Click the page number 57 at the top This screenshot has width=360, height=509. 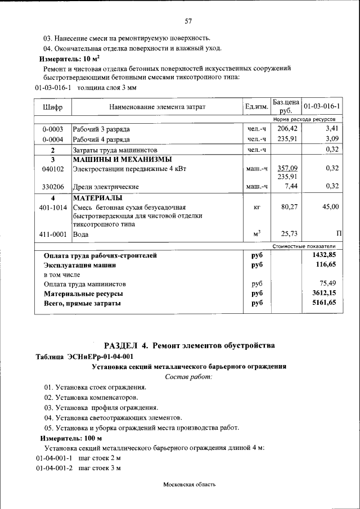click(x=188, y=21)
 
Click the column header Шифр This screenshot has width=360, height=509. click(x=52, y=107)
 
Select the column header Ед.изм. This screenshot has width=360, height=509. click(x=256, y=107)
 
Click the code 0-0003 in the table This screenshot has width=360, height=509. click(x=52, y=129)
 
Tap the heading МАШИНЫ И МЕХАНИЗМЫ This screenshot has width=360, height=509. click(x=123, y=159)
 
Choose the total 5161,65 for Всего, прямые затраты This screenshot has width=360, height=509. click(x=324, y=303)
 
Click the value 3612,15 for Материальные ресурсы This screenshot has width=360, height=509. click(x=324, y=294)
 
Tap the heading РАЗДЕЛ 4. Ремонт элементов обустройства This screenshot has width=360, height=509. click(x=190, y=345)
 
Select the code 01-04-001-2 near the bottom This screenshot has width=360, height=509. click(x=54, y=469)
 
